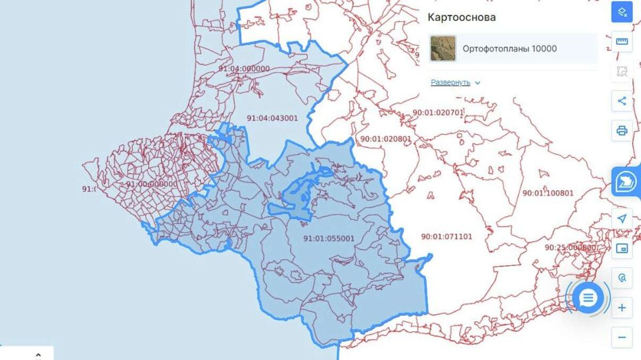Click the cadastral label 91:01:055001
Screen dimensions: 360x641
tap(329, 238)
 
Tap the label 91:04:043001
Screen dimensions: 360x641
tap(272, 118)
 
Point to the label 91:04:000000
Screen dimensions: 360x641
tap(244, 69)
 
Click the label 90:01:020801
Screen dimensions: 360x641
tap(386, 139)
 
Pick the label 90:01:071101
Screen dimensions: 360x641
tap(447, 236)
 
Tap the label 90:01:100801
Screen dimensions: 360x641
tap(548, 193)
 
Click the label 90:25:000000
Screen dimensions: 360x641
tap(570, 247)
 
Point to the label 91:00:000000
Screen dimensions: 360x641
tap(152, 184)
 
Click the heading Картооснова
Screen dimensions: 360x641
tap(462, 17)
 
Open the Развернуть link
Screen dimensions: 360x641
tap(451, 83)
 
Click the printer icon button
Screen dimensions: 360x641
tap(622, 130)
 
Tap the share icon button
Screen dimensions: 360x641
tap(622, 101)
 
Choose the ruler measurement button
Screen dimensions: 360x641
tap(622, 42)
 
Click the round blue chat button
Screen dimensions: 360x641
tap(588, 298)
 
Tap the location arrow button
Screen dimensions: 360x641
tap(622, 219)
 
